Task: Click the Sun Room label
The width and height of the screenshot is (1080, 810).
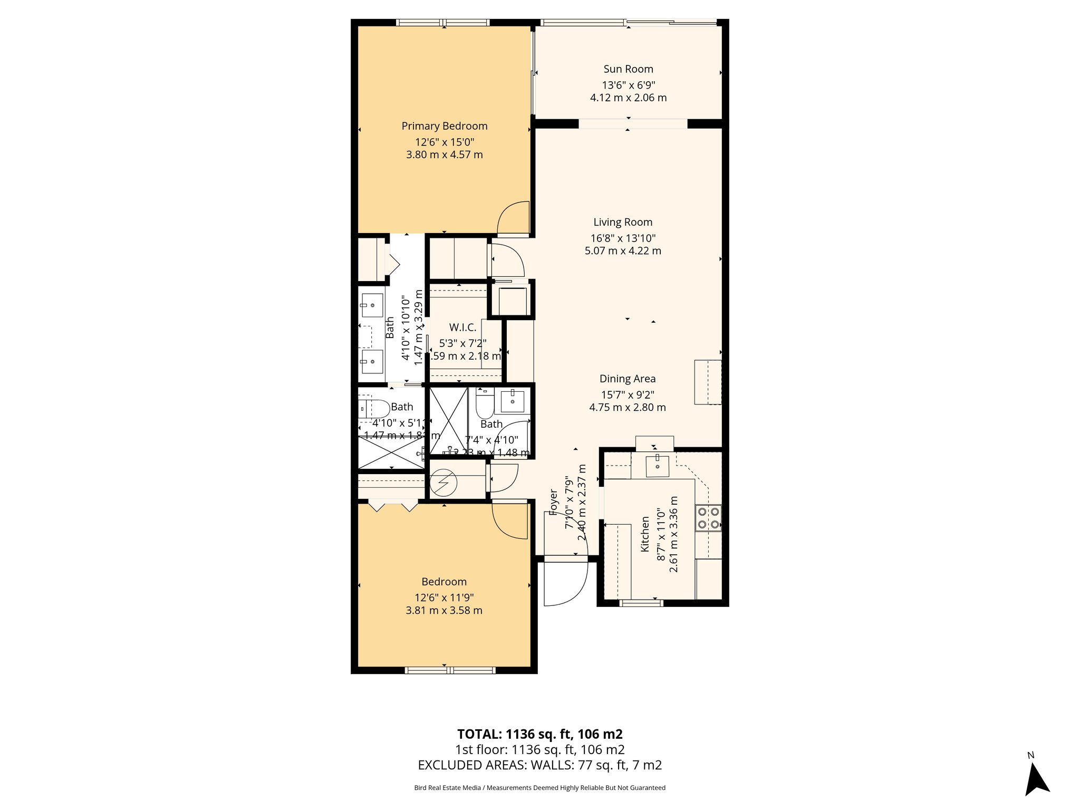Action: tap(628, 69)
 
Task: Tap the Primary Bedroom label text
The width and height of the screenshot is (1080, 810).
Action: tap(444, 126)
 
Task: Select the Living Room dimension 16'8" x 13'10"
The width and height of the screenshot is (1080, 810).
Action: tap(623, 238)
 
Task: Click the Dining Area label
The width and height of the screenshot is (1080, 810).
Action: tap(627, 379)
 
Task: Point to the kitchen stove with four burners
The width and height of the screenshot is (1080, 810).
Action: tap(708, 517)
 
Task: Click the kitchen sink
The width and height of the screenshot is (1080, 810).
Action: tap(657, 466)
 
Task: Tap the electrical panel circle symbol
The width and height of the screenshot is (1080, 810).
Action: tap(442, 483)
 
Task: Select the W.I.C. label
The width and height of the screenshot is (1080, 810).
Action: tap(462, 327)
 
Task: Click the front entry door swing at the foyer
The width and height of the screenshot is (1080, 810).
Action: tap(565, 583)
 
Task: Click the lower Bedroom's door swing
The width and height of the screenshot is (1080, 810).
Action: tap(510, 521)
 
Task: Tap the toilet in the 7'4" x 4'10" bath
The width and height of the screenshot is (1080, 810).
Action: tap(484, 404)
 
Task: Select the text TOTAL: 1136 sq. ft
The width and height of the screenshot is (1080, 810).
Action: tap(539, 734)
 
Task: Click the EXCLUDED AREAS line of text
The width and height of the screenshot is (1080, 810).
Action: tap(539, 765)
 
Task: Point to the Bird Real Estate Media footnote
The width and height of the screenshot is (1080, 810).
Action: tap(539, 788)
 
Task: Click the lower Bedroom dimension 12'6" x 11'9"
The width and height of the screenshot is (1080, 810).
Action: tap(444, 597)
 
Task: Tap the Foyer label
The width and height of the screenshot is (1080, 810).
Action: tap(553, 502)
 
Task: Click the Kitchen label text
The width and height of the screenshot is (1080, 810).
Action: tap(644, 534)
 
